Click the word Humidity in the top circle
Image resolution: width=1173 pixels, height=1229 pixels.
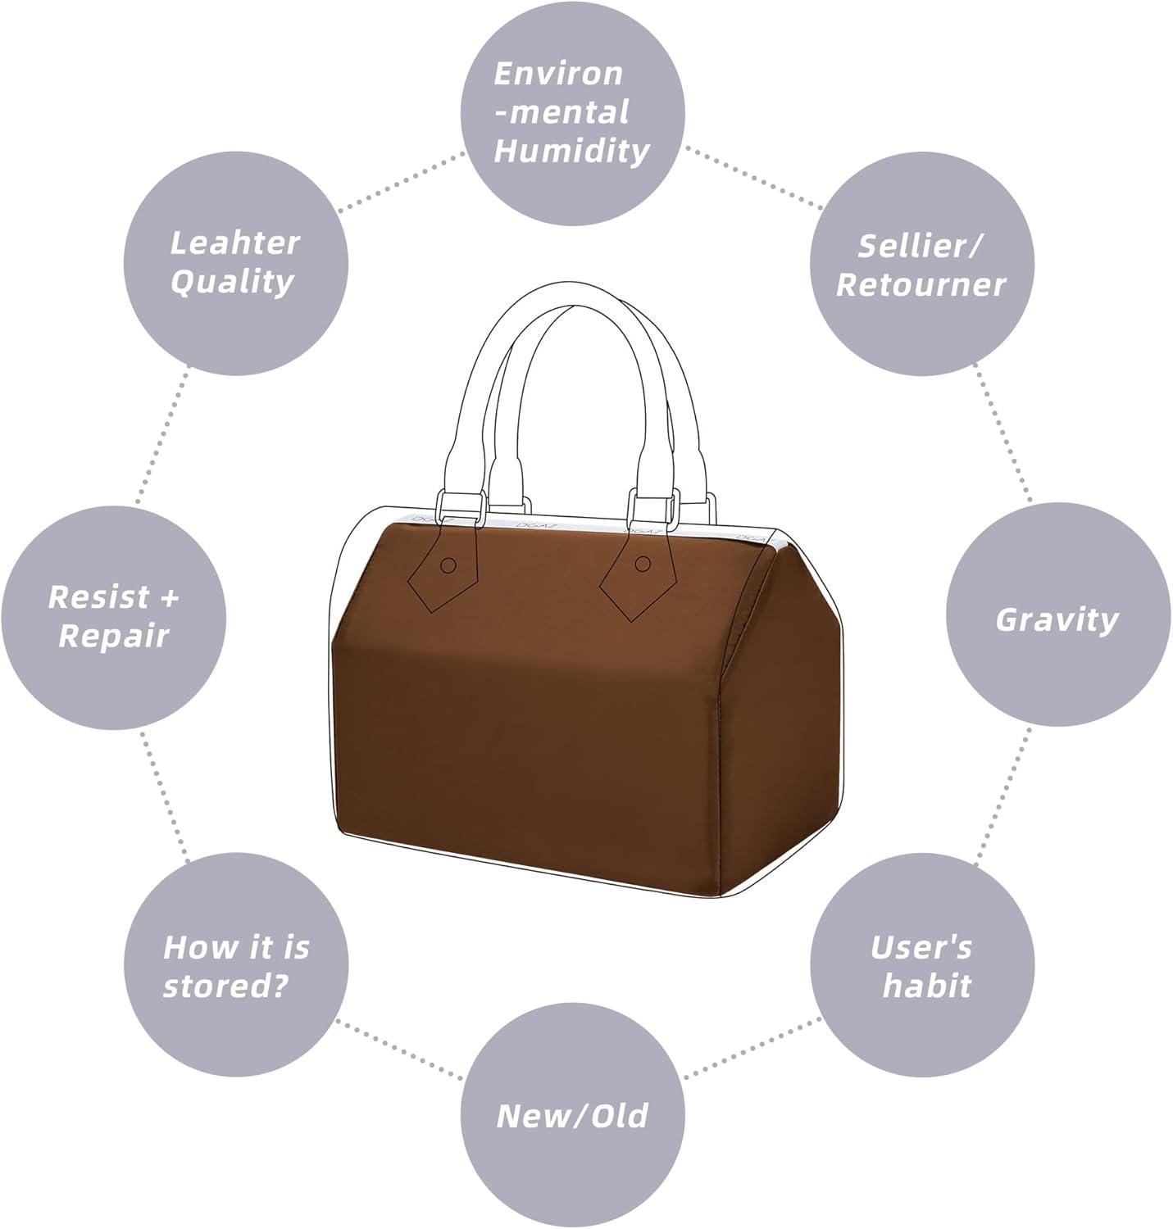click(572, 152)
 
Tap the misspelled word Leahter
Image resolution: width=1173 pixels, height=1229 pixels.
click(235, 243)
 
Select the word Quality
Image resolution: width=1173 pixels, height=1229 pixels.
click(232, 283)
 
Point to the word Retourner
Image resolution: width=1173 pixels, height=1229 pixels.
click(921, 285)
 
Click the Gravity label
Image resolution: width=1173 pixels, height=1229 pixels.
click(1057, 621)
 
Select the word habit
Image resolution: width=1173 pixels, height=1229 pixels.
click(926, 986)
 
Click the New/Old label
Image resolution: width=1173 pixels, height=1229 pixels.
click(572, 1116)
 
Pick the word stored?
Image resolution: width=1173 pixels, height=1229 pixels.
click(225, 986)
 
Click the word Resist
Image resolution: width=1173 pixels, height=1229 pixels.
click(98, 597)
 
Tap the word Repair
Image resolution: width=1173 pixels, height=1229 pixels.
click(113, 637)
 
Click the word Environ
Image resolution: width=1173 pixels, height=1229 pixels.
click(558, 74)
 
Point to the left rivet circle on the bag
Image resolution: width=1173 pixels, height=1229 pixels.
click(448, 565)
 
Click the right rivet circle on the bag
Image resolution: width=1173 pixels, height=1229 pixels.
click(643, 564)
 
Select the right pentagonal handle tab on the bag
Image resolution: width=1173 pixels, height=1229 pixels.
click(638, 569)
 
